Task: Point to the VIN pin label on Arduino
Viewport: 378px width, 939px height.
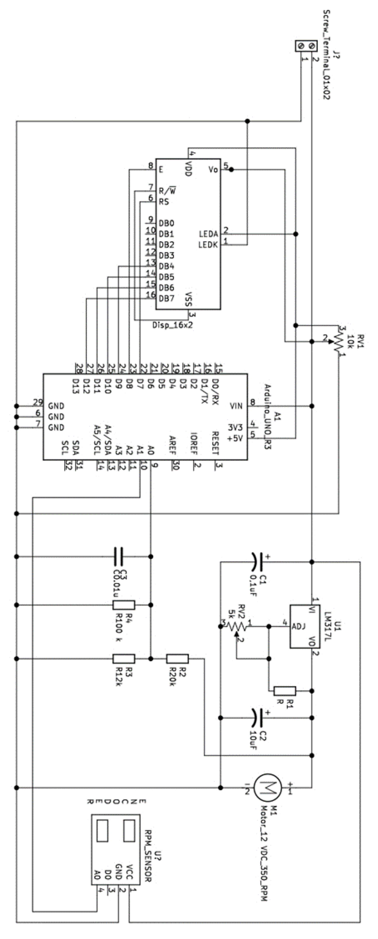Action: (236, 406)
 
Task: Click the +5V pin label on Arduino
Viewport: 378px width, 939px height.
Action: (235, 438)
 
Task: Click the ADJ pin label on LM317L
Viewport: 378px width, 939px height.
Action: (299, 626)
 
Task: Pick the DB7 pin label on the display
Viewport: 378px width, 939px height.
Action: (166, 298)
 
